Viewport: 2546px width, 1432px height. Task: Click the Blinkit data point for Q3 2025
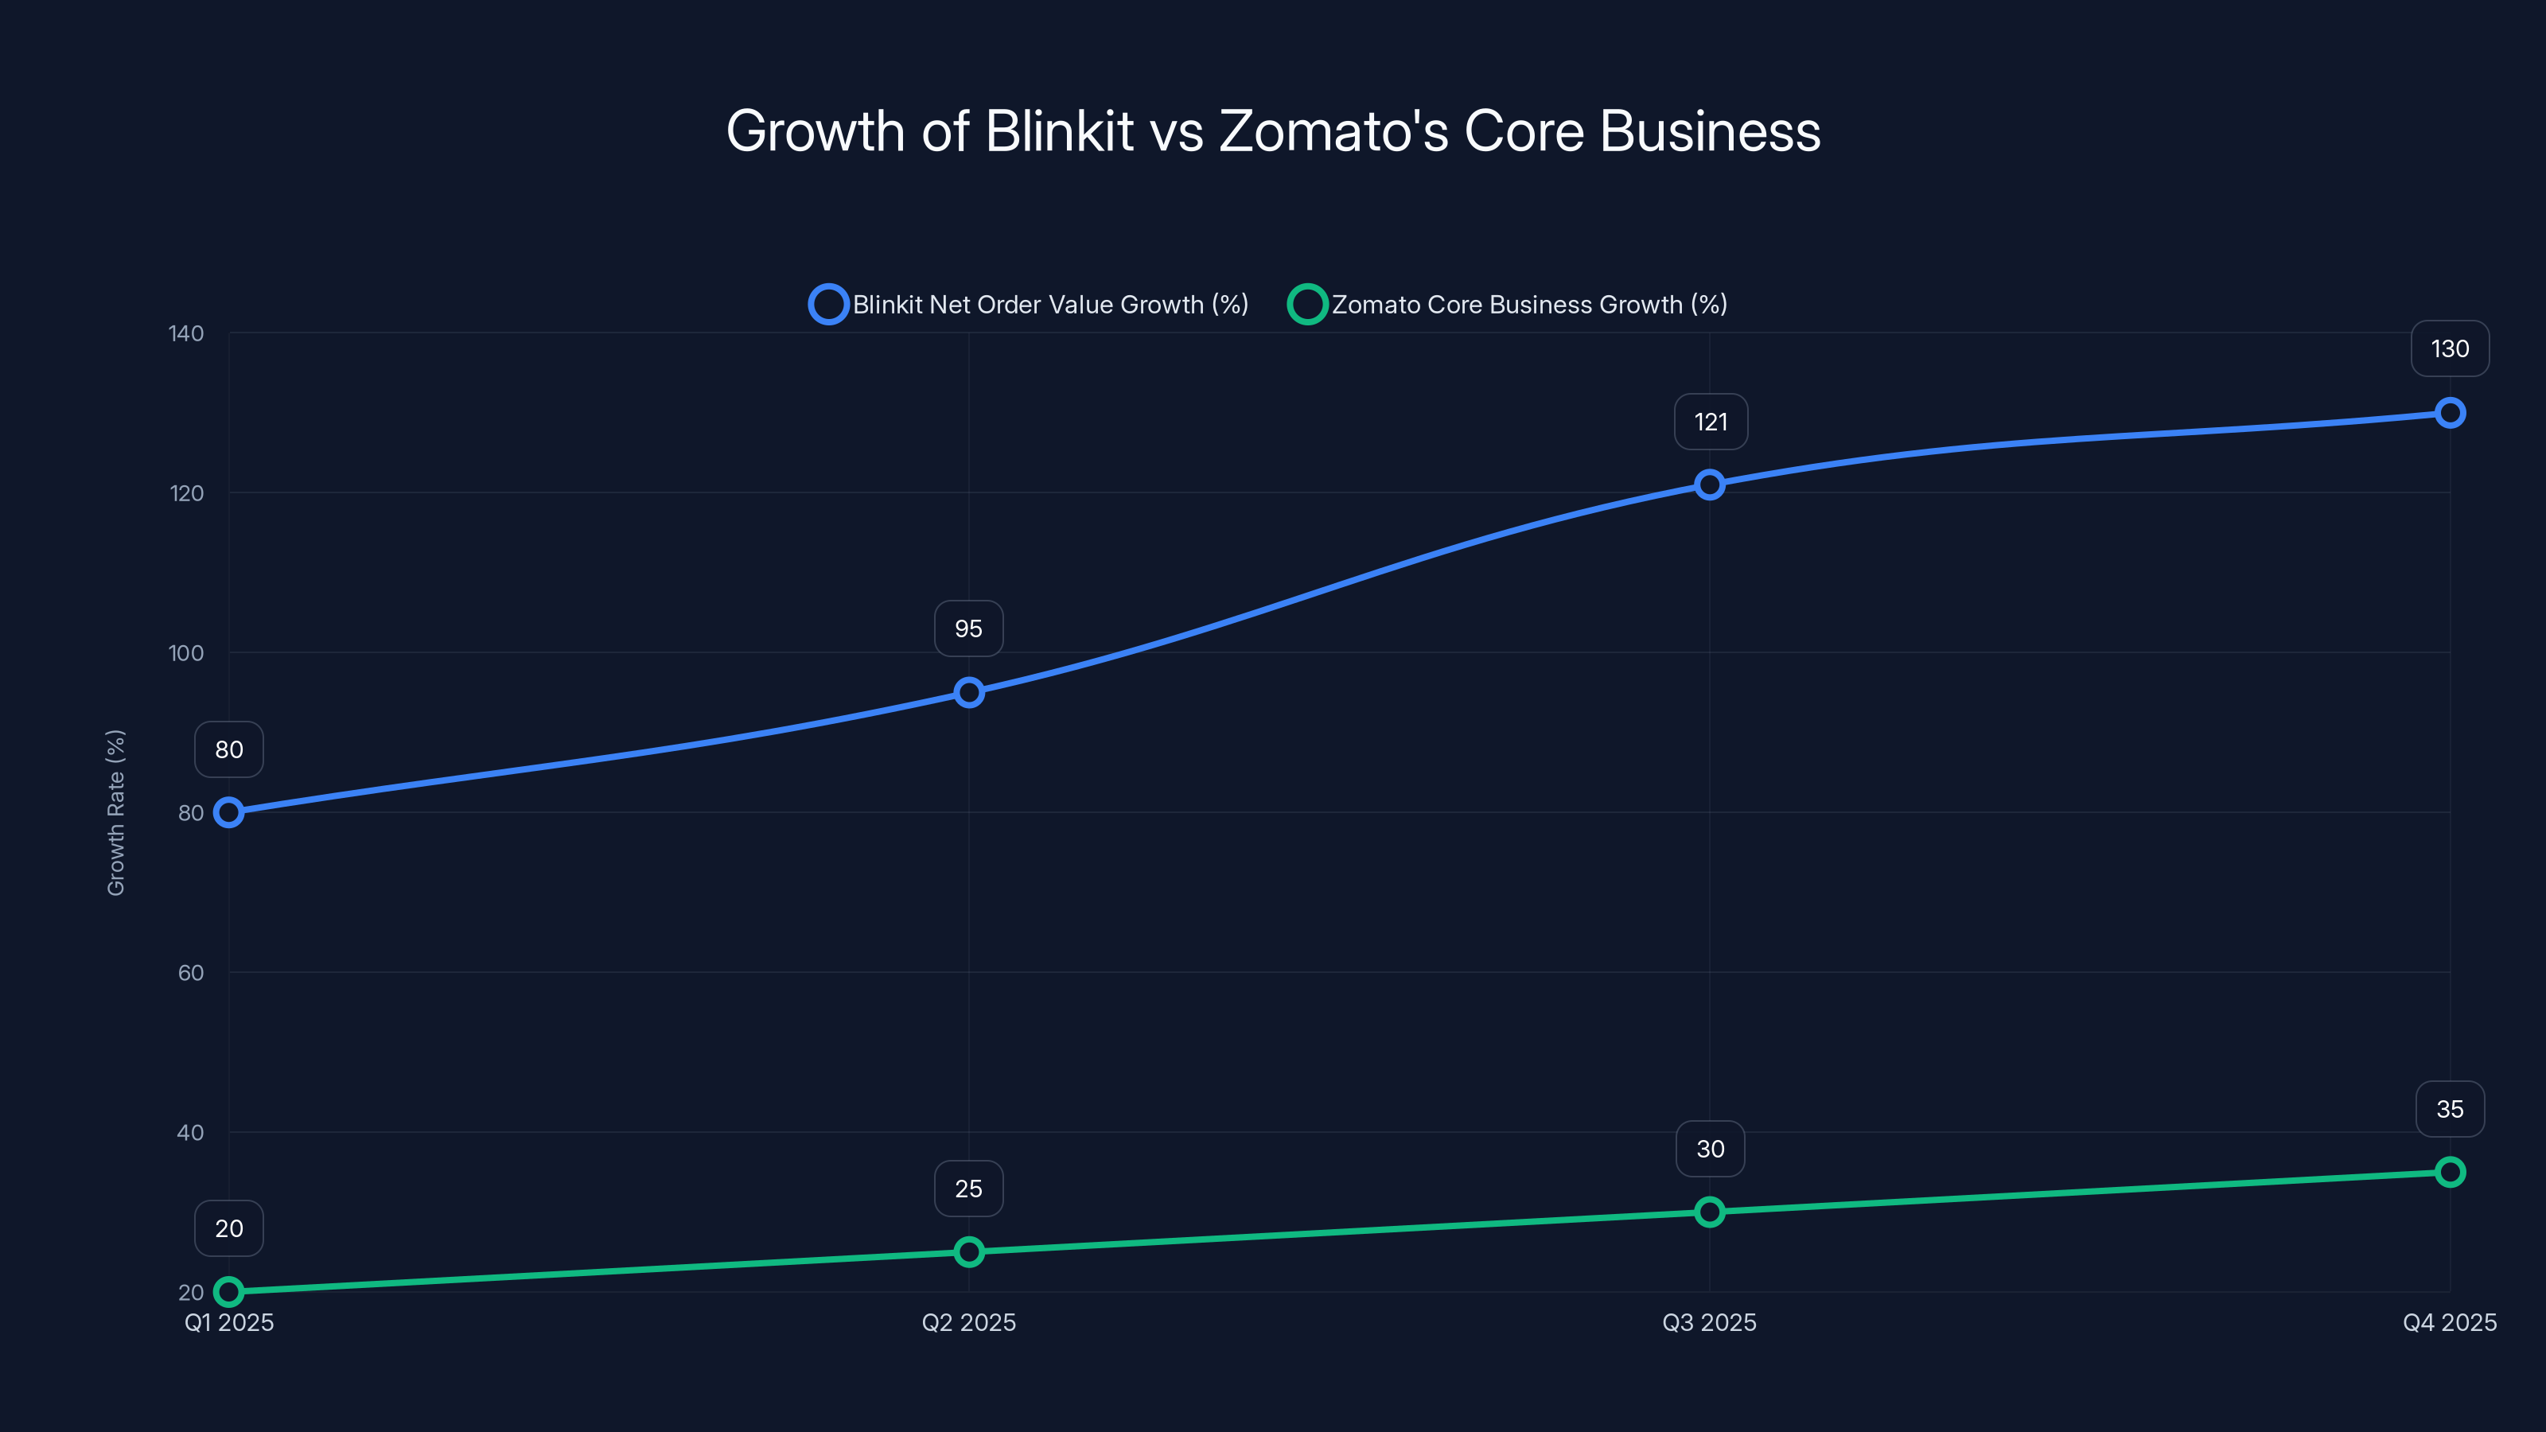point(1709,484)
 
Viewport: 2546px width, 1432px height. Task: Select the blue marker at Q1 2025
point(229,812)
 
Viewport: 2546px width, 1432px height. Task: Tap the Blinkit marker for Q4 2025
point(2449,413)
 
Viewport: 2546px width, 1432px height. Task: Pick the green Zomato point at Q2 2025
point(968,1252)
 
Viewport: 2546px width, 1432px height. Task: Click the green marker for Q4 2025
point(2449,1172)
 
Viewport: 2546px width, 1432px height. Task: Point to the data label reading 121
point(1711,422)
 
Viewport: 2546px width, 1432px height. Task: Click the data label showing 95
point(968,628)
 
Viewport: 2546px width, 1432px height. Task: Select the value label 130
point(2449,349)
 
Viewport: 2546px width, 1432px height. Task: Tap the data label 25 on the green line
point(968,1189)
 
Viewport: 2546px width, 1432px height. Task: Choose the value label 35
point(2449,1109)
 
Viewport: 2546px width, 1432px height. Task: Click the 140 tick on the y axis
point(186,334)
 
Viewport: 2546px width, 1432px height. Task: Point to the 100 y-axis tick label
point(186,653)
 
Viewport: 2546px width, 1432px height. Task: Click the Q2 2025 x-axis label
point(968,1322)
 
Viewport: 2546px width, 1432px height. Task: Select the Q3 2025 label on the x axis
point(1709,1322)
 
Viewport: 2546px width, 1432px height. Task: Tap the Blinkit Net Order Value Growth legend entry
point(1049,305)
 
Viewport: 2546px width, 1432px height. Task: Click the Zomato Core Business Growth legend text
point(1529,305)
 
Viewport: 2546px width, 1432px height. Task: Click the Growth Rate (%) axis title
point(115,812)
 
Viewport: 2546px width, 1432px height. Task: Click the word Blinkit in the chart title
point(1060,130)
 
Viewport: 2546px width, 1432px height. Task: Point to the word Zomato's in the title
point(1333,130)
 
